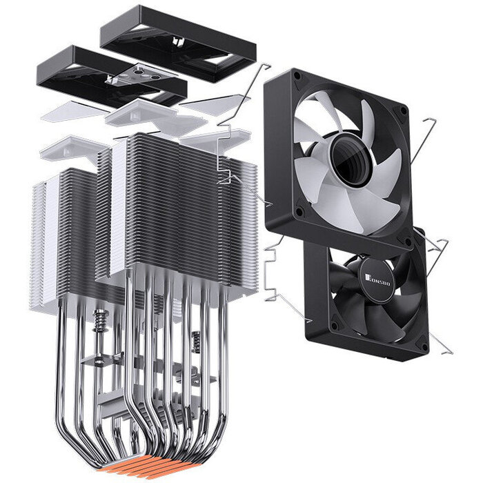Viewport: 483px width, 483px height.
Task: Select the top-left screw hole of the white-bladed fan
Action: pos(297,75)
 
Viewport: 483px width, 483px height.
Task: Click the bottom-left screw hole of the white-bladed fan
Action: pos(299,211)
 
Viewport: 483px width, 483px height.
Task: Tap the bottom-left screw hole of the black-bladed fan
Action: pos(335,325)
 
